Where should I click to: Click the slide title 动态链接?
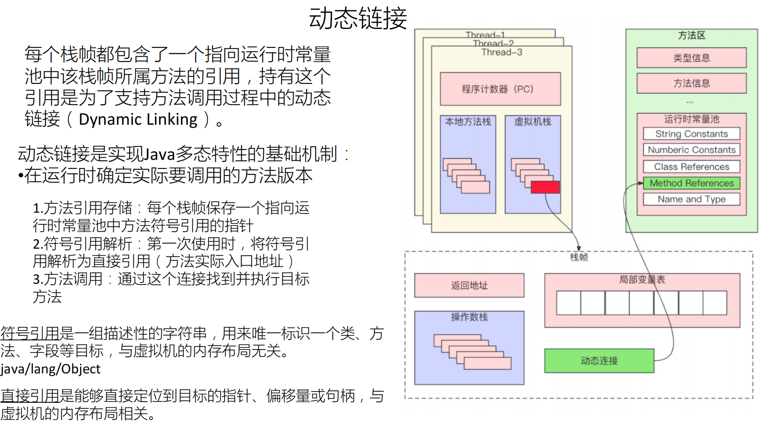tap(358, 19)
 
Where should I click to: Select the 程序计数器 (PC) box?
tap(500, 89)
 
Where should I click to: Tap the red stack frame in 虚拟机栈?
tap(545, 187)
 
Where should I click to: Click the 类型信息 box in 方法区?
tap(692, 58)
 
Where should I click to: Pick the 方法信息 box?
tap(692, 83)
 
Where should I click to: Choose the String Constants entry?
tap(692, 134)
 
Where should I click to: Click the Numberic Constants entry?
tap(692, 150)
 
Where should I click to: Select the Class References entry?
tap(692, 166)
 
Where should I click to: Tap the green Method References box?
tap(692, 183)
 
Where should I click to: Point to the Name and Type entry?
tap(692, 199)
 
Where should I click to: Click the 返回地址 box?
tap(469, 285)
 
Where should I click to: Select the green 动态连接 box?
tap(599, 361)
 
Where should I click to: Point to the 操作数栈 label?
tap(469, 317)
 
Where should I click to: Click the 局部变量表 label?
tap(642, 280)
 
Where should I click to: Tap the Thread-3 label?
tap(502, 52)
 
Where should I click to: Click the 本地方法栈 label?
tap(468, 121)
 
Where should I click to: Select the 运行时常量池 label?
tap(692, 119)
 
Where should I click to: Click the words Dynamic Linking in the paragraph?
tap(138, 119)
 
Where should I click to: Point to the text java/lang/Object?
tap(50, 369)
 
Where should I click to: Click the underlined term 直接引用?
tap(30, 396)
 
